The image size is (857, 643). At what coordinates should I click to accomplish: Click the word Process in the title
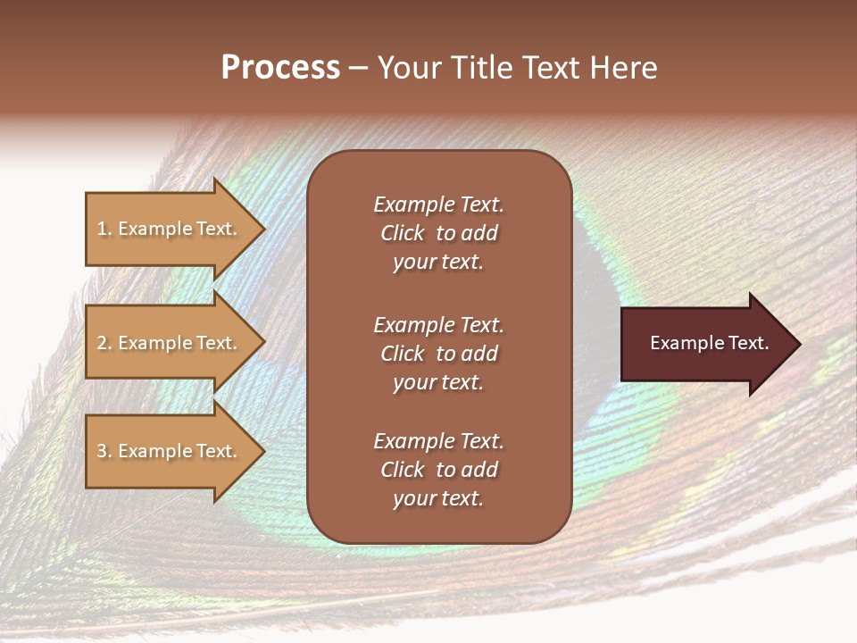(280, 68)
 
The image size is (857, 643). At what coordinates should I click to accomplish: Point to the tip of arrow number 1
(263, 229)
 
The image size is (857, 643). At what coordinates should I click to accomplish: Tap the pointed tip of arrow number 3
(263, 451)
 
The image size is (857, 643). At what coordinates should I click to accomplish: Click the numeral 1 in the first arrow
(101, 229)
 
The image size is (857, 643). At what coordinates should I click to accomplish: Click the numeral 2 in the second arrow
(101, 343)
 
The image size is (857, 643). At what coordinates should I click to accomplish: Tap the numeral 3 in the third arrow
(101, 451)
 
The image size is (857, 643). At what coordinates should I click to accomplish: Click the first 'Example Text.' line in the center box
(438, 205)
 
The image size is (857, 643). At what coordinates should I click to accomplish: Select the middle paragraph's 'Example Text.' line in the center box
(438, 324)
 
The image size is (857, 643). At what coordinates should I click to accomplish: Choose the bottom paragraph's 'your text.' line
(438, 499)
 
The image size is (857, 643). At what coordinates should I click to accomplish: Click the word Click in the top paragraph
(403, 233)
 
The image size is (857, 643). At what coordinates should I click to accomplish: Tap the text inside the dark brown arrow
(710, 343)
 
